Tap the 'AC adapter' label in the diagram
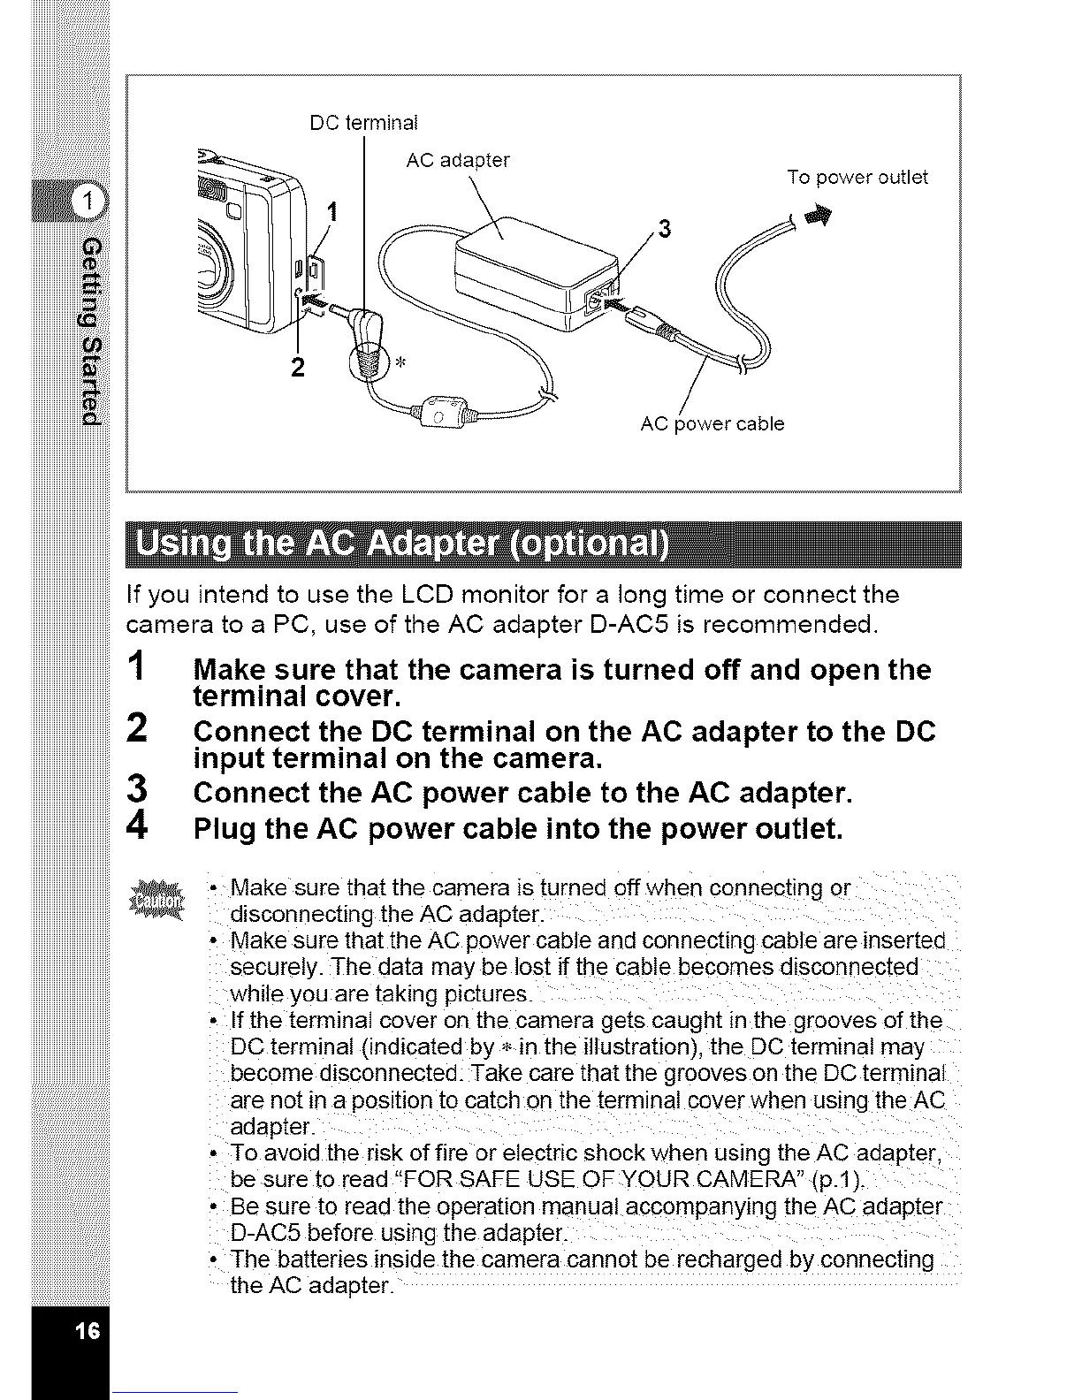pos(457,161)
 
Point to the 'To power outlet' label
pos(857,178)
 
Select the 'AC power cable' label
pos(712,424)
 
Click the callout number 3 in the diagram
pos(665,230)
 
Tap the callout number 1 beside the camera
pos(332,212)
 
